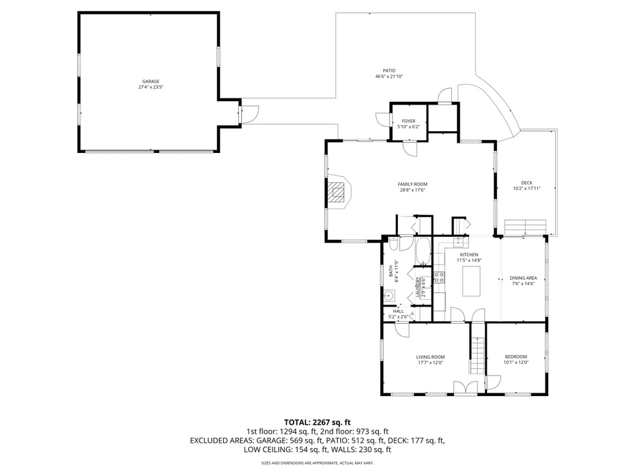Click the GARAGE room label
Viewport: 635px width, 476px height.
click(150, 81)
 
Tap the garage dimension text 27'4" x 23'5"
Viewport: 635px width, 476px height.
click(150, 87)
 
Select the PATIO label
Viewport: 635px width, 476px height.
click(389, 70)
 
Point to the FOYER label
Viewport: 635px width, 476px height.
click(408, 121)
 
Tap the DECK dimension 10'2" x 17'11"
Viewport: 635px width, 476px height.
click(526, 188)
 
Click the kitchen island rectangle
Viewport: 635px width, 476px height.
click(472, 281)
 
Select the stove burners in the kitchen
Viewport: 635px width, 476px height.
click(440, 277)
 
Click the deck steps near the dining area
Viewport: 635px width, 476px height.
click(524, 227)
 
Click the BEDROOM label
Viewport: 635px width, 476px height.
click(516, 356)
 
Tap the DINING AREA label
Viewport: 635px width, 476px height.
click(523, 278)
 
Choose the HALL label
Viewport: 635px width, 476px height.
click(398, 311)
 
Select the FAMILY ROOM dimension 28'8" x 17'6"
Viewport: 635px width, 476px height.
click(412, 191)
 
